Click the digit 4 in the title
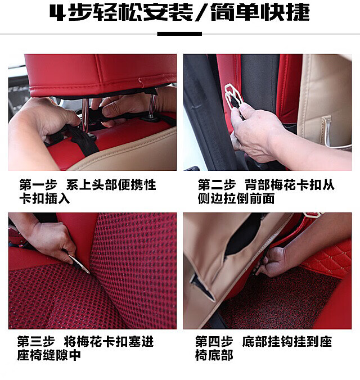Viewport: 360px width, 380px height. point(57,13)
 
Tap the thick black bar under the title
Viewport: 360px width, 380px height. point(179,34)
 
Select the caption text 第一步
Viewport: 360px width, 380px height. point(38,185)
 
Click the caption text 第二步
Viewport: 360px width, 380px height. point(217,185)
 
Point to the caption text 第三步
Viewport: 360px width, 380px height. point(36,342)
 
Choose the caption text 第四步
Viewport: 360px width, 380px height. point(214,342)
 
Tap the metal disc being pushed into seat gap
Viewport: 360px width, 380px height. point(79,264)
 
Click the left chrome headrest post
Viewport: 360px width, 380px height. point(85,116)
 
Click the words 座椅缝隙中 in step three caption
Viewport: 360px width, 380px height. point(49,355)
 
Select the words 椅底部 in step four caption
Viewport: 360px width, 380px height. point(214,355)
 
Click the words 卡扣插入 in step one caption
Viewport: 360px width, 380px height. point(44,199)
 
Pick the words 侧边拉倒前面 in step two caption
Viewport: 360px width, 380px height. point(236,199)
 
